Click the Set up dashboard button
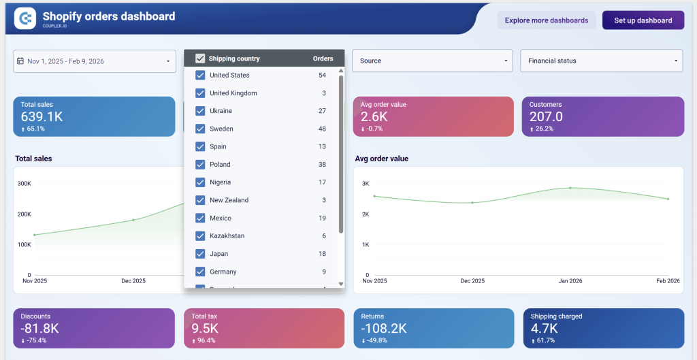[x=643, y=20]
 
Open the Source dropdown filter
[x=432, y=61]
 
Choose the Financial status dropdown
[x=601, y=61]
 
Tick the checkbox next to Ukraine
[x=200, y=111]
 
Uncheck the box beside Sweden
[x=200, y=129]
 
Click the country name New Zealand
[x=229, y=200]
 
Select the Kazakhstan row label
[x=227, y=235]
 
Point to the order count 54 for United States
[x=322, y=75]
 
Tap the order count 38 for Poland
[x=322, y=164]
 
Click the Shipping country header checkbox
[x=200, y=59]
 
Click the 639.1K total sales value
[x=42, y=116]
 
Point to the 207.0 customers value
[x=546, y=116]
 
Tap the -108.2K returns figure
[x=384, y=328]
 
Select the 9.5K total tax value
[x=204, y=328]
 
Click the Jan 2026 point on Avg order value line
[x=570, y=188]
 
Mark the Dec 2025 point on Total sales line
[x=133, y=220]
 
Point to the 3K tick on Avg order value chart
[x=365, y=184]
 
